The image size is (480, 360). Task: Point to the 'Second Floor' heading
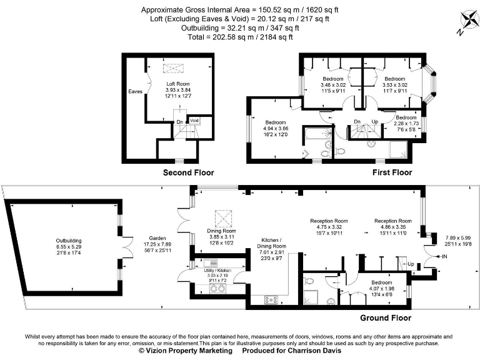coord(188,172)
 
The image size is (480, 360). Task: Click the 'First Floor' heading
coord(391,172)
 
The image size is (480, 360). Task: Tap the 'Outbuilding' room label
coord(69,241)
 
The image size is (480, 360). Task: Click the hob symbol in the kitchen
coord(271,300)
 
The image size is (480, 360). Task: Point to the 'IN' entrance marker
coord(444,256)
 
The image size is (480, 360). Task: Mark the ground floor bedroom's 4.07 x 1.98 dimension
coord(382,289)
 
